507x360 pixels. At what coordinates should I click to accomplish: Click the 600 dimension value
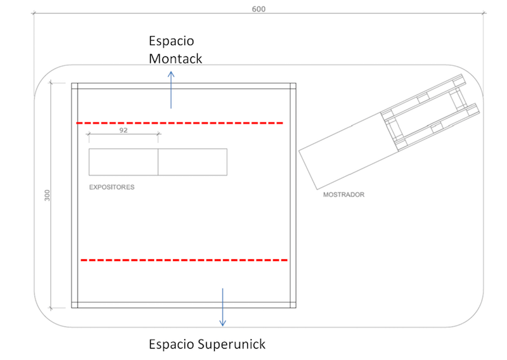pos(259,9)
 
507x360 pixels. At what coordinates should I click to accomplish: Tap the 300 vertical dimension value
pos(47,195)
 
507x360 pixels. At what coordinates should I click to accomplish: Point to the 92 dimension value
pos(123,130)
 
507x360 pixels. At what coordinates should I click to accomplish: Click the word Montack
pos(176,58)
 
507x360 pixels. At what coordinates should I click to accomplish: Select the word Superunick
pos(231,344)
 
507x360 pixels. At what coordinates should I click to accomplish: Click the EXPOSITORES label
pos(112,187)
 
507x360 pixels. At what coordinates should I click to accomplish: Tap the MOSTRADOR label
pos(343,195)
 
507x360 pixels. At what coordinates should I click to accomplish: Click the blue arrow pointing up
pos(171,90)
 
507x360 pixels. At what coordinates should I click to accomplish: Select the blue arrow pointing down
pos(222,307)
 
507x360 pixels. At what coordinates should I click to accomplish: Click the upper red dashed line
pos(180,123)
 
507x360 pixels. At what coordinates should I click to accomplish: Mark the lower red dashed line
pos(184,260)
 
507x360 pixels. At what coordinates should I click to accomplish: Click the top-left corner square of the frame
pos(75,86)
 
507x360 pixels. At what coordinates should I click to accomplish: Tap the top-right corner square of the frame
pos(293,86)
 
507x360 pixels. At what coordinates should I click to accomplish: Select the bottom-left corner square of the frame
pos(75,305)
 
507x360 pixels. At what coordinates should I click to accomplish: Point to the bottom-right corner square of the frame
pos(293,305)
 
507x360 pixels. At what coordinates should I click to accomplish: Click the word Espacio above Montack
pos(171,41)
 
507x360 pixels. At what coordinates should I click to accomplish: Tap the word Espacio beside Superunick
pos(171,345)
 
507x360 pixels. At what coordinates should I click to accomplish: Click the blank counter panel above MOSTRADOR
pos(349,151)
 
